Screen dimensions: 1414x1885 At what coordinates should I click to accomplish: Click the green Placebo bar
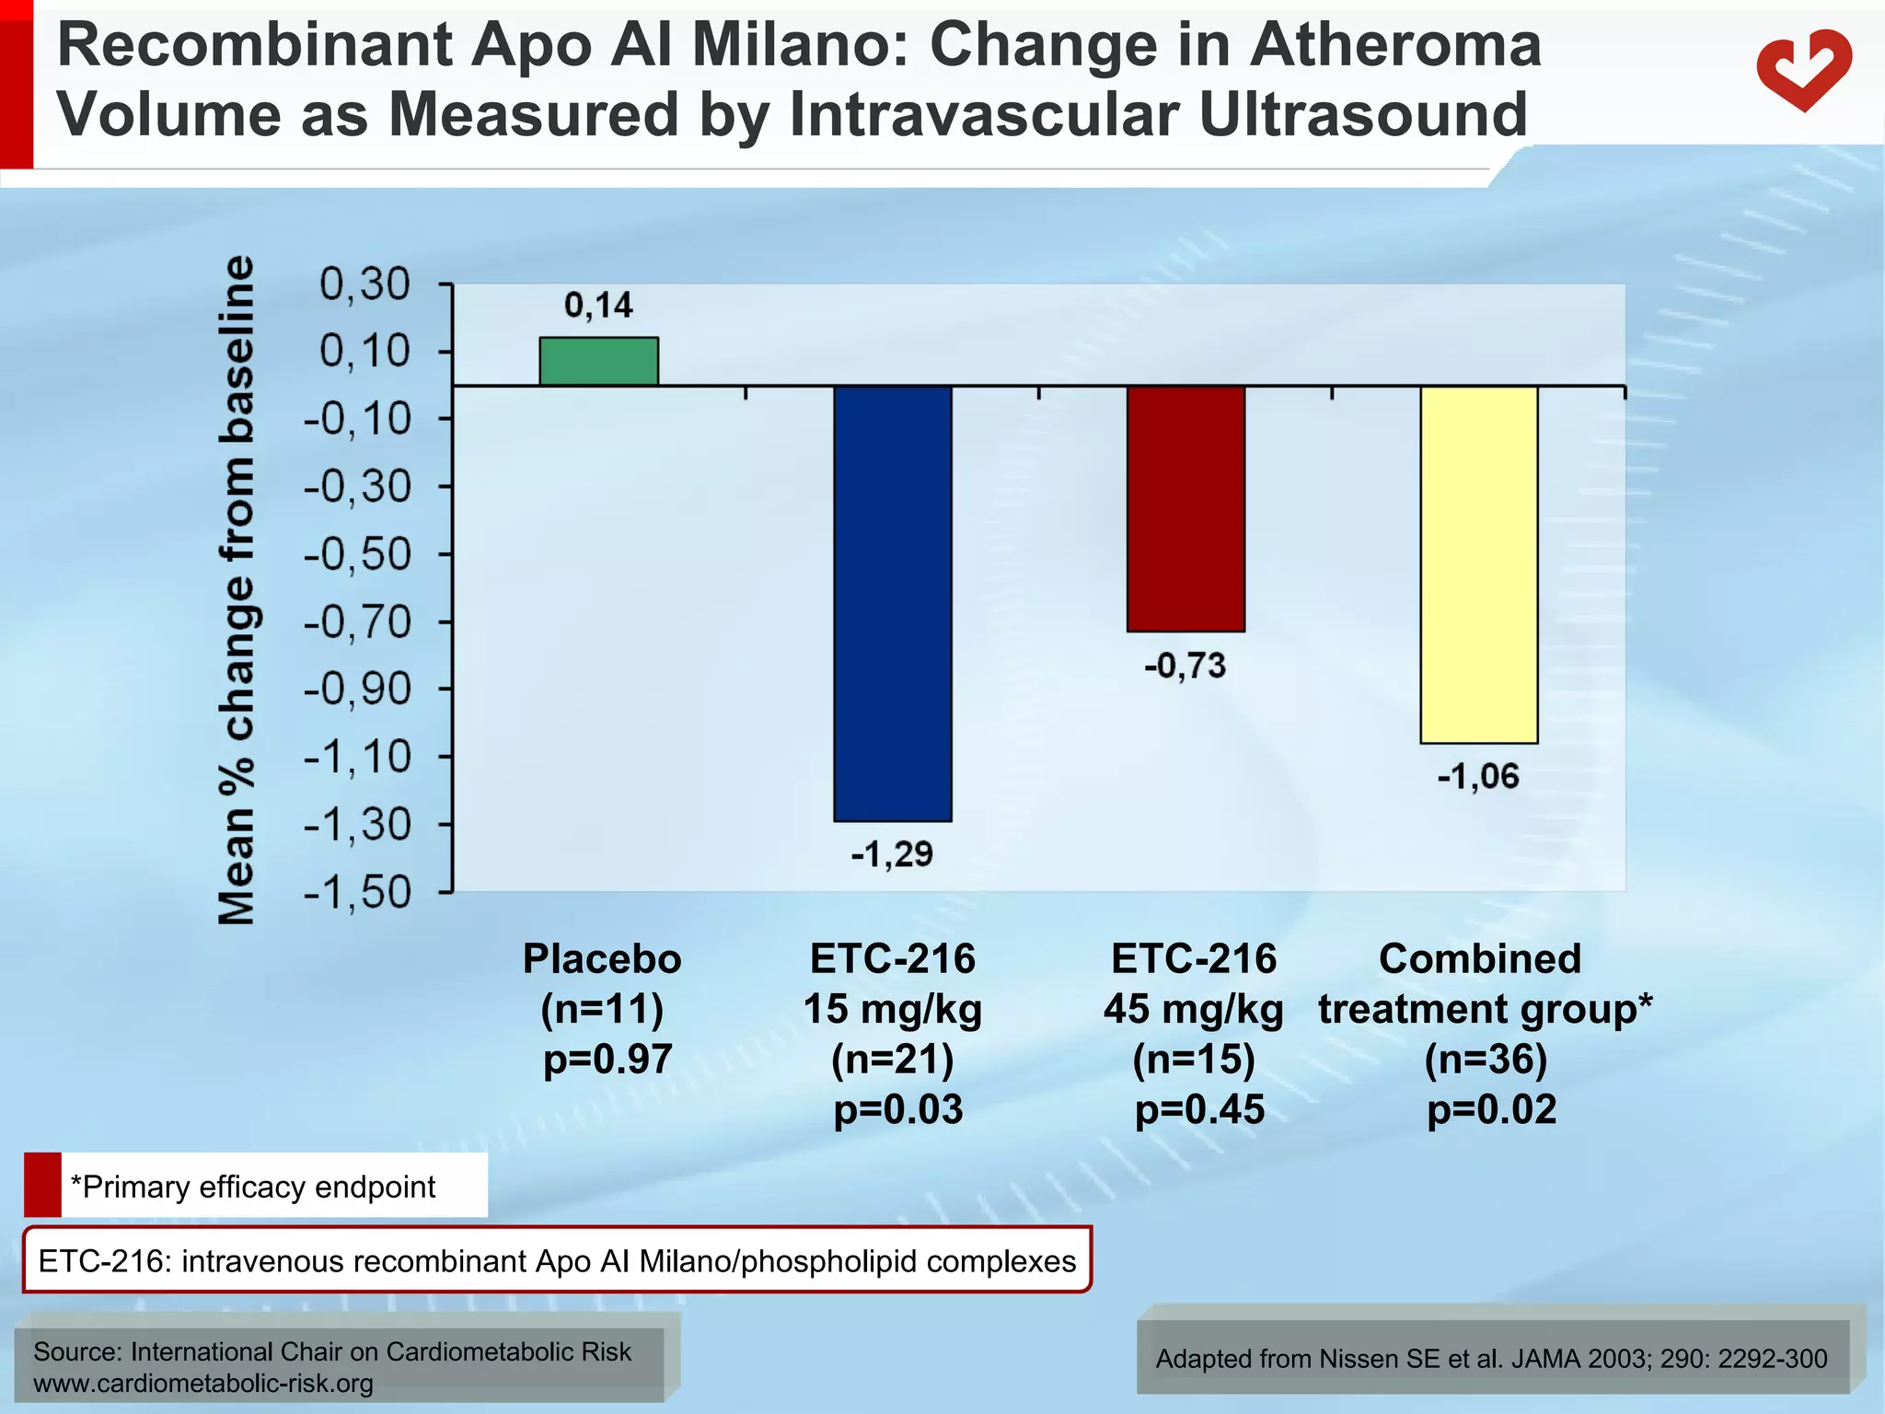(598, 361)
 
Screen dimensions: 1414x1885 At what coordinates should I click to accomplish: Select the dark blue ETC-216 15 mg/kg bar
(892, 603)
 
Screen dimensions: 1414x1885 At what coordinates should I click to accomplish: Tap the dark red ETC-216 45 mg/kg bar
(1185, 508)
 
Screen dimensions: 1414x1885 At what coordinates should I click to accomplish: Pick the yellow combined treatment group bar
(1478, 563)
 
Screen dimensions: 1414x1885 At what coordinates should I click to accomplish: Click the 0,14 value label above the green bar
(598, 305)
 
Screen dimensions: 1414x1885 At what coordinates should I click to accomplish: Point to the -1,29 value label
(891, 854)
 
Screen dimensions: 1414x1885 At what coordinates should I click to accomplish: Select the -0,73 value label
(1185, 665)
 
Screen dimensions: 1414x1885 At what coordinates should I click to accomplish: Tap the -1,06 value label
(1478, 777)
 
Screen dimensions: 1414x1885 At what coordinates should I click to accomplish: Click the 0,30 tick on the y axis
(364, 284)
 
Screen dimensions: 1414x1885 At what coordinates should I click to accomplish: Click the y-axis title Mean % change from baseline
(236, 589)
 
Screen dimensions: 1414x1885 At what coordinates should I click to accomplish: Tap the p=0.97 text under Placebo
(607, 1059)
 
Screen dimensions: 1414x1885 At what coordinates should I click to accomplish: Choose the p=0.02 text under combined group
(1491, 1109)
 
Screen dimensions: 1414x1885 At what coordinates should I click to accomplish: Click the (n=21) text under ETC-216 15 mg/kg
(892, 1059)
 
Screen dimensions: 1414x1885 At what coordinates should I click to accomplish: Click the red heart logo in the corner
(1802, 69)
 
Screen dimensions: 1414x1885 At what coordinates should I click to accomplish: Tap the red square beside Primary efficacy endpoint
(42, 1185)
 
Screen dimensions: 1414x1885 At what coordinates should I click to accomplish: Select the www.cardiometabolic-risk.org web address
(203, 1384)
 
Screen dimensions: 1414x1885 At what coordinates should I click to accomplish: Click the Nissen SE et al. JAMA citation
(1491, 1359)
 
